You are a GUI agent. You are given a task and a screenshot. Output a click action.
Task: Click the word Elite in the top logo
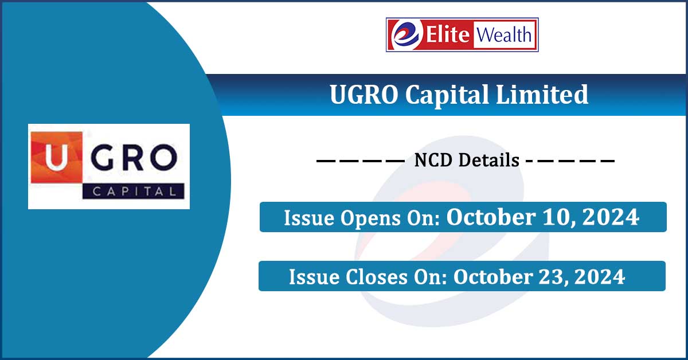click(x=448, y=34)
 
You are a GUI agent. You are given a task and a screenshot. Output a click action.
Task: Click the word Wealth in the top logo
click(x=504, y=35)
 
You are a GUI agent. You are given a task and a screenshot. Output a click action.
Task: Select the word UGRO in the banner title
click(x=363, y=95)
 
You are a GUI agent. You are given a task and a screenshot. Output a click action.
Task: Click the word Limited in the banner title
click(x=542, y=95)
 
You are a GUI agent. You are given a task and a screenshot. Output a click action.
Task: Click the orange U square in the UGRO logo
click(x=57, y=157)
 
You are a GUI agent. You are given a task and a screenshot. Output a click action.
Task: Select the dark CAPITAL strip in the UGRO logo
click(x=133, y=191)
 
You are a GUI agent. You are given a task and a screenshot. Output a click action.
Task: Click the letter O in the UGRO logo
click(x=164, y=158)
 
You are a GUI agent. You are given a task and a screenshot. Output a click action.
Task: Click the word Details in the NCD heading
click(x=489, y=161)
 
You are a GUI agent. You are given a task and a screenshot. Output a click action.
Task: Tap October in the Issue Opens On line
click(x=491, y=217)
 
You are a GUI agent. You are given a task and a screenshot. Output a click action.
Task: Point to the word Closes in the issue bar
click(x=377, y=277)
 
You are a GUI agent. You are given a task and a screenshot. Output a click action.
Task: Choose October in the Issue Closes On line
click(x=494, y=276)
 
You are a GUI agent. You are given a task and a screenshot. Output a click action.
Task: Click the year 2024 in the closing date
click(x=600, y=277)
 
